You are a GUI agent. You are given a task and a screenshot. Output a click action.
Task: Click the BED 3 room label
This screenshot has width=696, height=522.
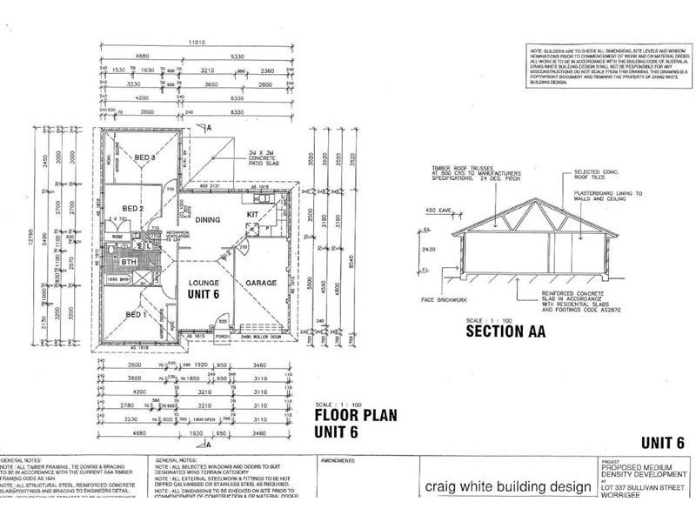tap(145, 157)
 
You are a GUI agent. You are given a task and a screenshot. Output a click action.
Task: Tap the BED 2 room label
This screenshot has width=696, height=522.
tap(132, 209)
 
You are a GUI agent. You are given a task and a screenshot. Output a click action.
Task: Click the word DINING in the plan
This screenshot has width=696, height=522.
tap(210, 220)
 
